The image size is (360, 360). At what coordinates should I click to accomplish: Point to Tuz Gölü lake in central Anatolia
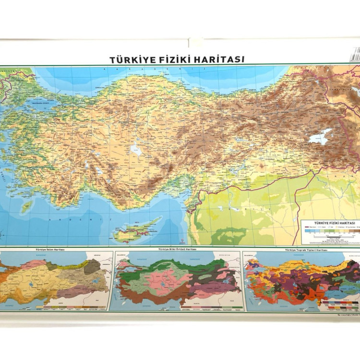[x=136, y=151]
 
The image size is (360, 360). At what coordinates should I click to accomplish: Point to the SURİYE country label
[x=235, y=209]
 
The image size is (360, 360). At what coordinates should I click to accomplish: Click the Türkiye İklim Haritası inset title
[x=49, y=250]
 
